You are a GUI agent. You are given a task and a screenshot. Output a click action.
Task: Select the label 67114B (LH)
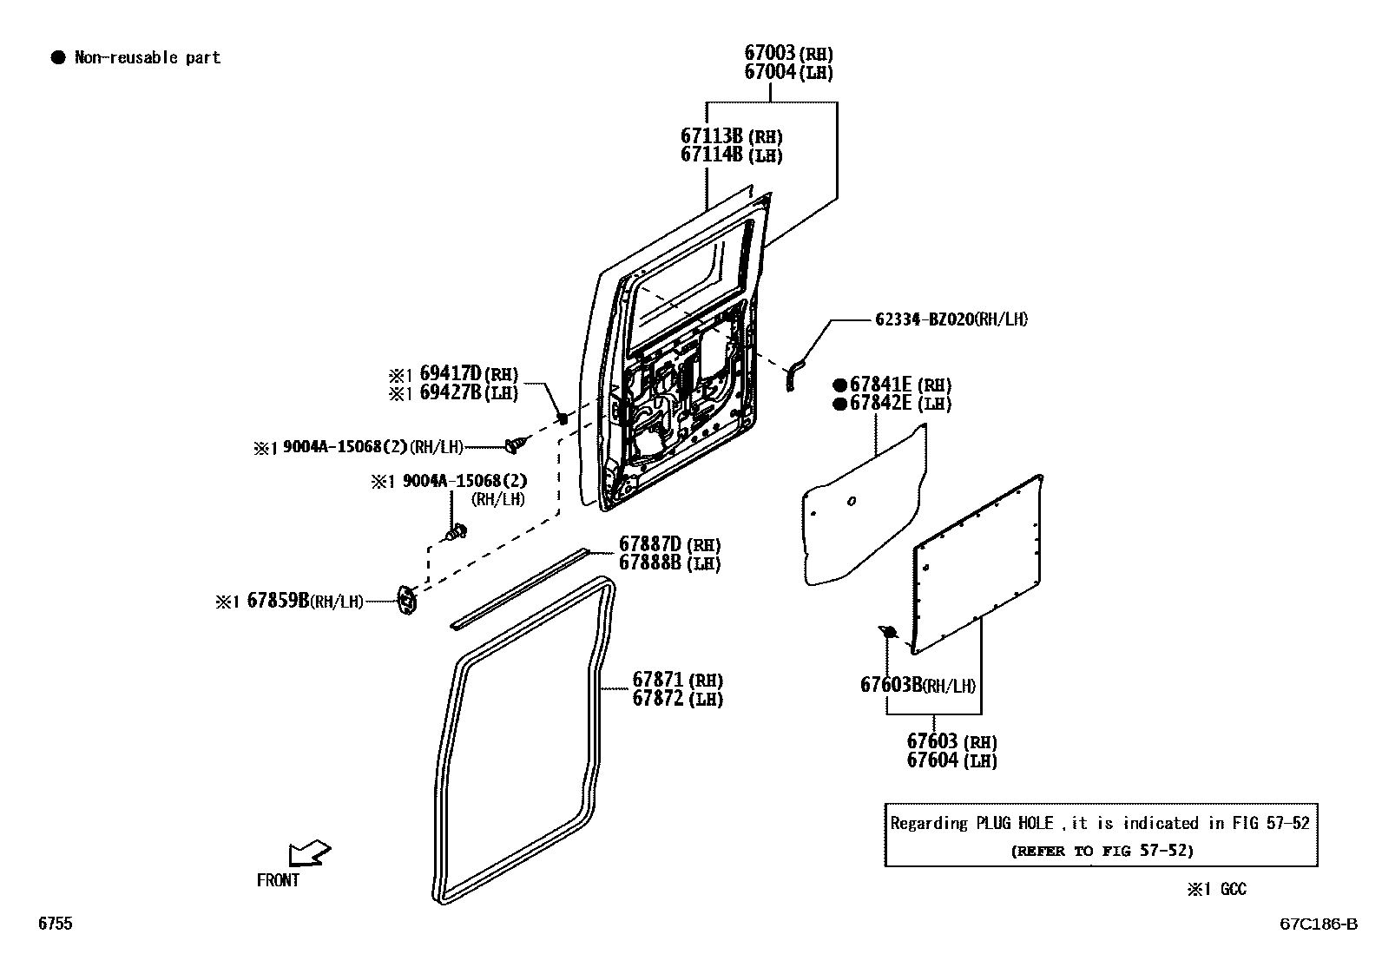tap(731, 155)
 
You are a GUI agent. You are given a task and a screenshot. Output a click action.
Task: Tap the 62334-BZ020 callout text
tap(951, 319)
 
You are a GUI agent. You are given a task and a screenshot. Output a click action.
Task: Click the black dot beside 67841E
tap(839, 385)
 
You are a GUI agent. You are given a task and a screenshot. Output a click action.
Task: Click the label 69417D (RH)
tap(468, 373)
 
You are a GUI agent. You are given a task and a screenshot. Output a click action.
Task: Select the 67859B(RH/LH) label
tap(304, 601)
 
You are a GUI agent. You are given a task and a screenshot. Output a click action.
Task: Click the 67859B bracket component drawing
tap(406, 600)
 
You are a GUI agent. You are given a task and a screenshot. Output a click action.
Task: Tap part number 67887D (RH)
tap(668, 544)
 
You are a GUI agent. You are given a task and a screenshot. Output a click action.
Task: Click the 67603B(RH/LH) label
tap(918, 685)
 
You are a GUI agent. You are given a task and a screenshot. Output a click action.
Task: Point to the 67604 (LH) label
tap(951, 760)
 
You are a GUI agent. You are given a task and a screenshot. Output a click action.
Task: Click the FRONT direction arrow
tap(309, 852)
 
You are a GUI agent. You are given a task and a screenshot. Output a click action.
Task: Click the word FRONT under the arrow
tap(278, 880)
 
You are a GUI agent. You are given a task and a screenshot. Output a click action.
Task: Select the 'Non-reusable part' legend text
tap(148, 58)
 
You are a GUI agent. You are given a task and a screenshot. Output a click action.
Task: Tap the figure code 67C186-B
tap(1318, 924)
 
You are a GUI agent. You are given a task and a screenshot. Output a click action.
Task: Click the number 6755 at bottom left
tap(56, 924)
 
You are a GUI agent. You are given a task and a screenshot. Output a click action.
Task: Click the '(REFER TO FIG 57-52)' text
tap(1102, 851)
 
